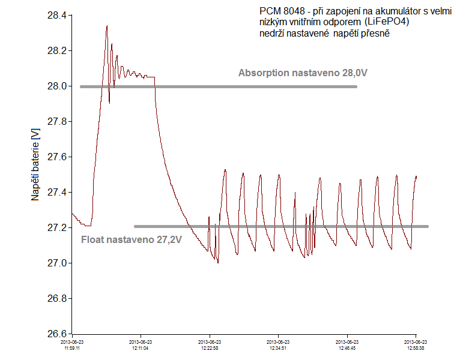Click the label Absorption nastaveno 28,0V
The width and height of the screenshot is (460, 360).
click(303, 73)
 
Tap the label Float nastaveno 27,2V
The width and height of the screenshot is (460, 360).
click(131, 239)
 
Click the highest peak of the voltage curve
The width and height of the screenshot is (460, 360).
click(106, 26)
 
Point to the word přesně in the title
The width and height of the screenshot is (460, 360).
click(375, 34)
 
